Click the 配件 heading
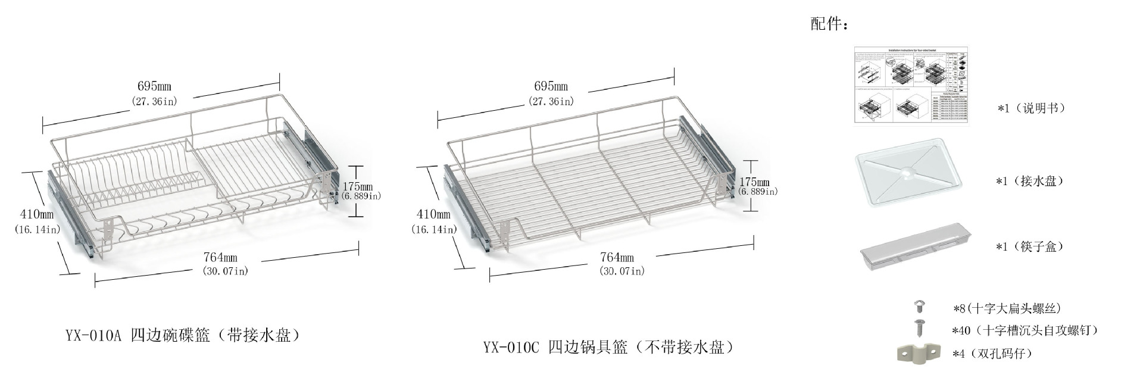point(829,24)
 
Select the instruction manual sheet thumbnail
point(911,86)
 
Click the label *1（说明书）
point(1031,108)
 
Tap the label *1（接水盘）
point(1029,181)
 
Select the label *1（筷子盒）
point(1029,246)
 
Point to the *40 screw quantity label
point(1025,330)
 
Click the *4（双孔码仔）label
point(992,354)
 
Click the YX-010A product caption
point(182,336)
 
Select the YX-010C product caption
point(608,347)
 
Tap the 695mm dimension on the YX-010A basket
point(154,86)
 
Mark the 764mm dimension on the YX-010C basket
point(617,257)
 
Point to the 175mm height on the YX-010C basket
point(754,182)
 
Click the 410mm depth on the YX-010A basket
point(37,214)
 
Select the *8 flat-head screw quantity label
point(1007,308)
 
